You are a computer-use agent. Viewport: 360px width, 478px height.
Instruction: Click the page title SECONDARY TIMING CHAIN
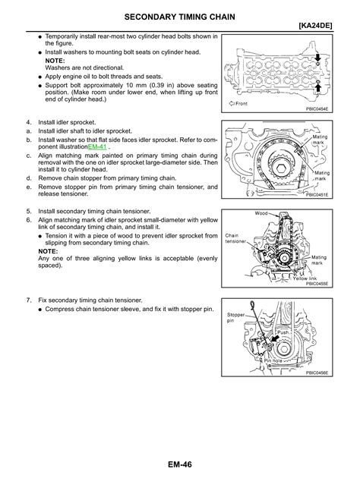click(x=180, y=17)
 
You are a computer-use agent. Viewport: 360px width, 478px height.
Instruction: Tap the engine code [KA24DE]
click(x=315, y=26)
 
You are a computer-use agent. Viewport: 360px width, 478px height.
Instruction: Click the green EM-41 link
click(x=97, y=147)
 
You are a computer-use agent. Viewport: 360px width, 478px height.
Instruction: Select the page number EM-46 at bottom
click(x=180, y=464)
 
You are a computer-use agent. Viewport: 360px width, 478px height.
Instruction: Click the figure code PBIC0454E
click(x=317, y=108)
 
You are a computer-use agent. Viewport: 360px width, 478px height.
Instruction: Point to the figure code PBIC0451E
click(x=317, y=194)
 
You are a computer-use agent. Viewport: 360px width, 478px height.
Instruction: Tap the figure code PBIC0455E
click(x=317, y=284)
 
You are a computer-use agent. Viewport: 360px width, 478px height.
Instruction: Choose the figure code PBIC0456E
click(x=317, y=373)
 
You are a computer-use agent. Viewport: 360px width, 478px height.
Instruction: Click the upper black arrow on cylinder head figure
click(x=318, y=58)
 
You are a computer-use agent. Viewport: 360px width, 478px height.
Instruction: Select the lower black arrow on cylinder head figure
click(x=318, y=89)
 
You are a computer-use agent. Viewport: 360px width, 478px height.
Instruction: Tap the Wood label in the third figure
click(x=261, y=213)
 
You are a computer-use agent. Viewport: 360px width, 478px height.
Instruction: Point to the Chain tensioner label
click(x=235, y=238)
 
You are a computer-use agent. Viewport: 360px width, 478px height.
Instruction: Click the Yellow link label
click(x=305, y=278)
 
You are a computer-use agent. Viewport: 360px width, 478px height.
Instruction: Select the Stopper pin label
click(x=235, y=317)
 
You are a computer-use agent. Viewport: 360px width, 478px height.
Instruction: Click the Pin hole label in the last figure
click(x=273, y=360)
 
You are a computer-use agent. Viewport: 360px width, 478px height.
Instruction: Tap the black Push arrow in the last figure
click(x=275, y=339)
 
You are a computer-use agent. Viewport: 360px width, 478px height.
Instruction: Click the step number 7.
click(x=29, y=300)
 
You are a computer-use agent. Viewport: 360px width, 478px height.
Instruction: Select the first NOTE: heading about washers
click(x=55, y=61)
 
